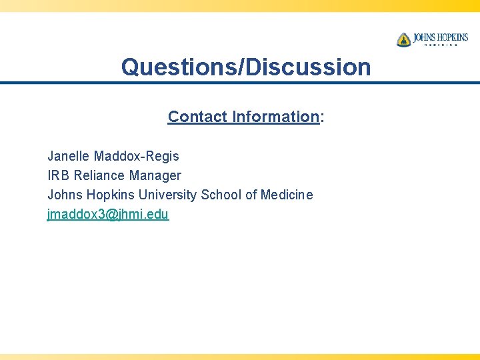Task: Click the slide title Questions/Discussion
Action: click(245, 67)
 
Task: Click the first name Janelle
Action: click(69, 156)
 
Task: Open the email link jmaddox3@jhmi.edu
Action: click(108, 214)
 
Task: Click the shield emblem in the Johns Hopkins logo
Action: click(403, 39)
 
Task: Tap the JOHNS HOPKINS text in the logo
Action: click(440, 37)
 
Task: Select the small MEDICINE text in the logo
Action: click(441, 45)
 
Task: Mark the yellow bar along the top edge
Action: click(240, 5)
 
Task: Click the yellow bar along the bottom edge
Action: click(240, 356)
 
